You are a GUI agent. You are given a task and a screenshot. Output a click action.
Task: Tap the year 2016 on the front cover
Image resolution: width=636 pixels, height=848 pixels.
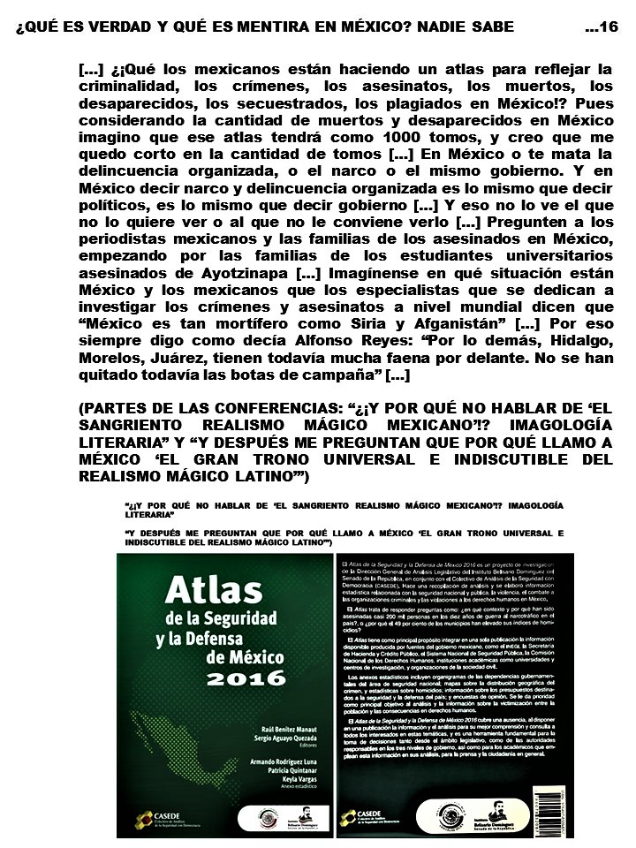[247, 678]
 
